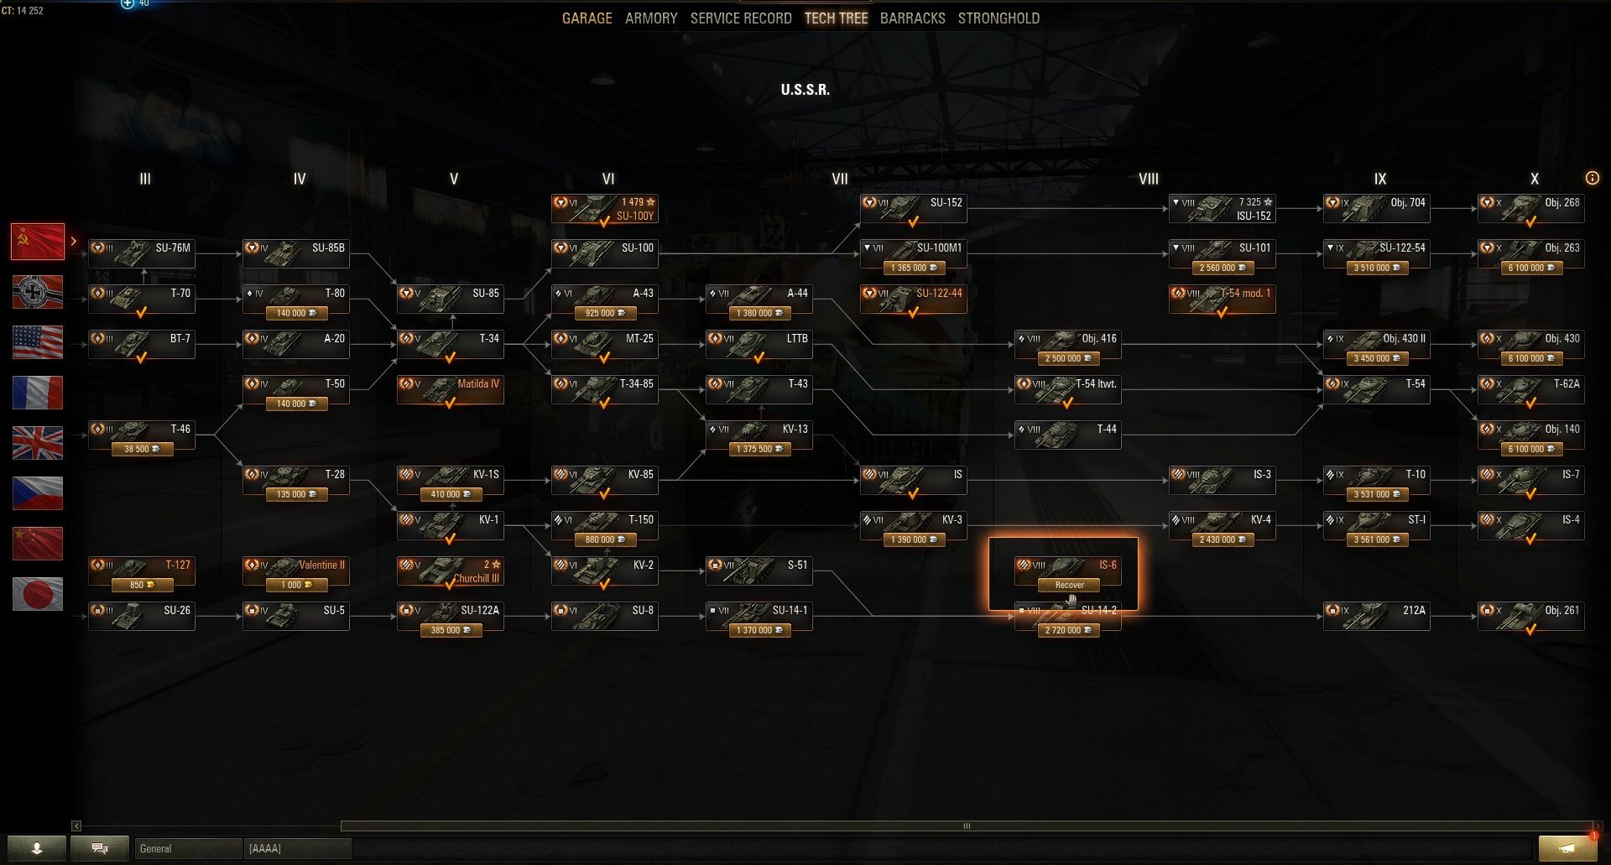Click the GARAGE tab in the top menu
pos(587,18)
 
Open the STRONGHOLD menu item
pos(998,18)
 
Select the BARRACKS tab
pos(912,18)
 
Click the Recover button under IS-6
pos(1069,585)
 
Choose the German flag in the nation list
pos(38,292)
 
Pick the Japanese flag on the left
pos(38,594)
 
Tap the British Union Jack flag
pos(38,443)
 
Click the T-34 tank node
pos(451,344)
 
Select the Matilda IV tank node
pos(451,389)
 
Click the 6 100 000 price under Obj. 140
pos(1530,449)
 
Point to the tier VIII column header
pos(1148,179)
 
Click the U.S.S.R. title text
pos(805,90)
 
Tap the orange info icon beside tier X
pos(1592,178)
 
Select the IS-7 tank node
pos(1531,480)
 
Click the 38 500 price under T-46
pos(141,449)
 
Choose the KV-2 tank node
pos(605,571)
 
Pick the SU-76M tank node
pos(142,253)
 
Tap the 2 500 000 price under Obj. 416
pos(1067,358)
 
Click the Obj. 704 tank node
pos(1377,208)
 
